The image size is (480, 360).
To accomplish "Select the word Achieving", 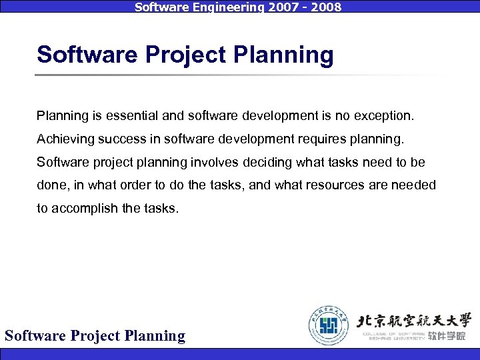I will click(63, 139).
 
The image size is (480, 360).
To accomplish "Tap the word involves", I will click(211, 163).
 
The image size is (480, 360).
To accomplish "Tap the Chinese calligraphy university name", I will click(414, 319).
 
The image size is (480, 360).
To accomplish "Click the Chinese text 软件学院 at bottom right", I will click(447, 337).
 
